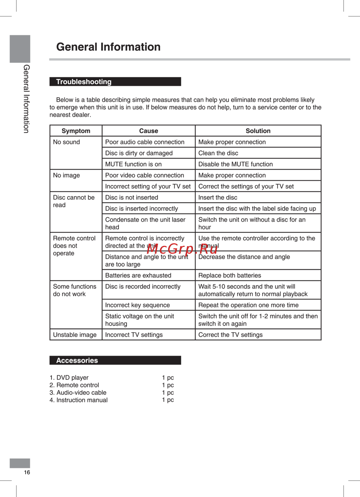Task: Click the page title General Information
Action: coord(108,47)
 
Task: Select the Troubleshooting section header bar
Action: coord(115,82)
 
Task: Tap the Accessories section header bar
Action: coord(115,360)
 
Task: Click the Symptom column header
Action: coord(76,131)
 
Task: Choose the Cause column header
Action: coord(148,131)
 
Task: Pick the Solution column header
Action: coord(258,131)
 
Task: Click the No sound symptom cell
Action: coord(67,142)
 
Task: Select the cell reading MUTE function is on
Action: coord(134,164)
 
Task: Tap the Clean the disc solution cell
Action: coord(218,153)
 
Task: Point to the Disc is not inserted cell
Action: coord(132,197)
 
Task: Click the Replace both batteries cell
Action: coord(230,275)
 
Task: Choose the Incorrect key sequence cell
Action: coord(138,305)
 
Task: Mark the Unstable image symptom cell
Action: coord(75,335)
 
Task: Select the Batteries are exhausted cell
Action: coord(138,275)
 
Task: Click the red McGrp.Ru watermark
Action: coord(182,249)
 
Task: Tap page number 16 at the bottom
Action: coord(27,472)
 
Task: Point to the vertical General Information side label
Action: coord(26,99)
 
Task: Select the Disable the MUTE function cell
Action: coord(235,164)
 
